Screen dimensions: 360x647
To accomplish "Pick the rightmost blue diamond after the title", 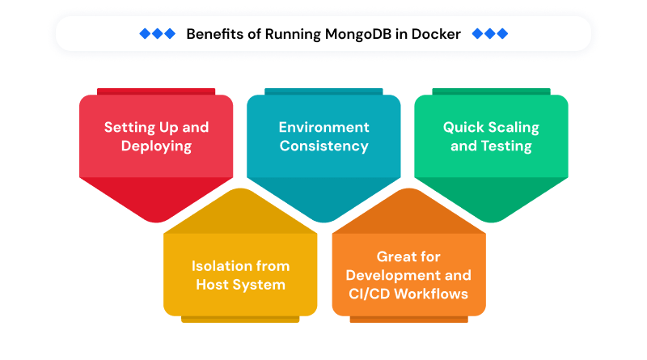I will point(502,33).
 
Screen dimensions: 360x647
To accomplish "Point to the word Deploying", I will point(156,146).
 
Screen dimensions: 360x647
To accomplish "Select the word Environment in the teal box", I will point(323,127).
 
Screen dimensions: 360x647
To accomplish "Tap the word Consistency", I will point(323,146).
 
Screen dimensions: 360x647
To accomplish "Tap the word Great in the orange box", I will point(398,256).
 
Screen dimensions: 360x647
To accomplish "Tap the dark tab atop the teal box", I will point(323,91).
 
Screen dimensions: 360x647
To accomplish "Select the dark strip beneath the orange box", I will point(408,320).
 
